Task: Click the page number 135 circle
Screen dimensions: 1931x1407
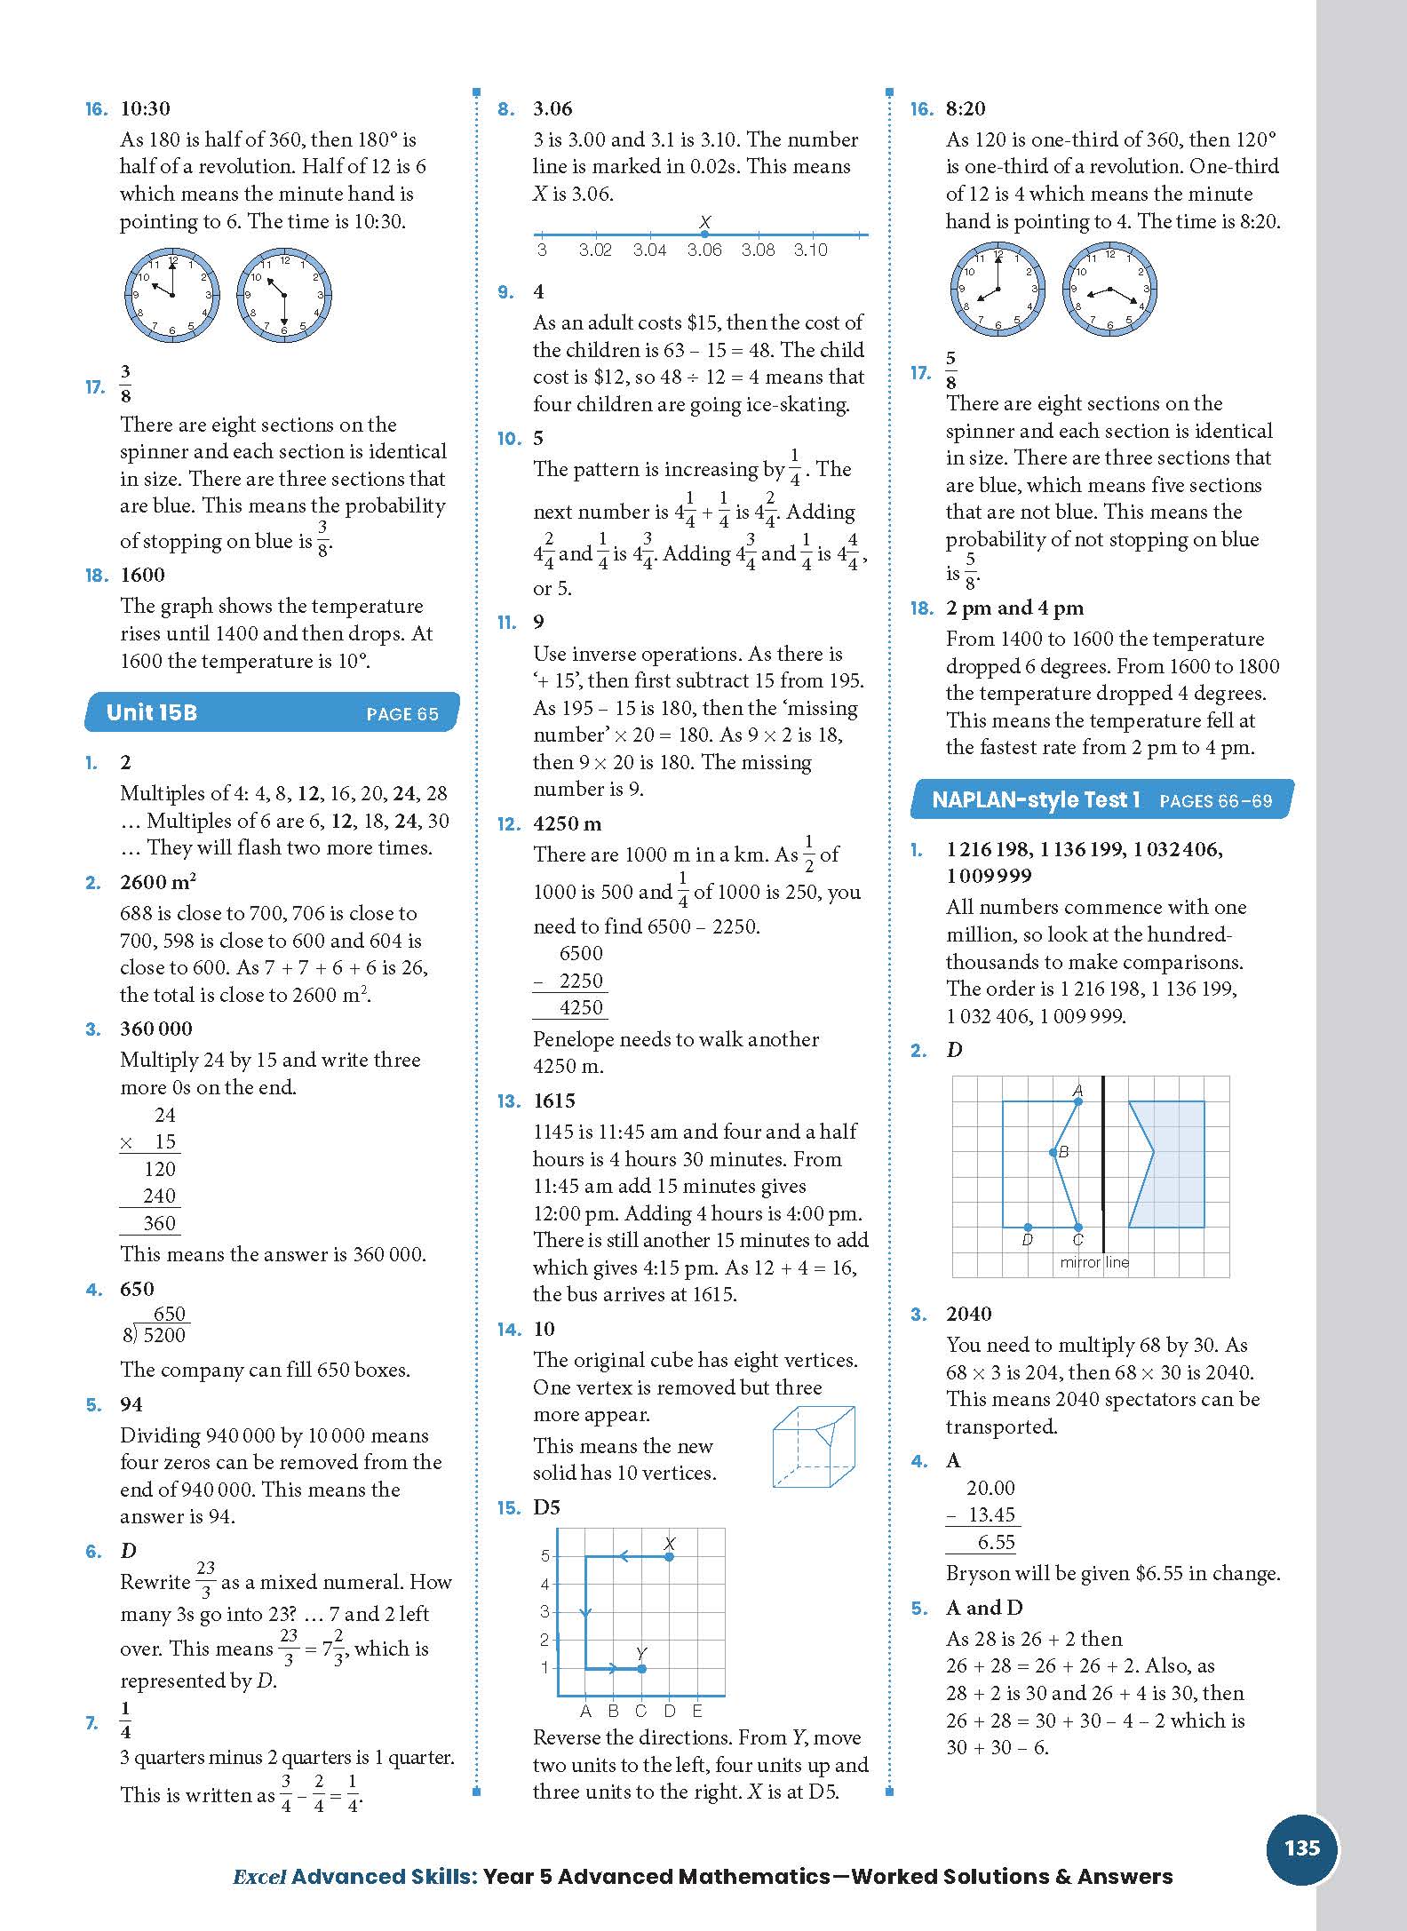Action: point(1301,1848)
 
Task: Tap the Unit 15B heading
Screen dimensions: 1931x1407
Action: point(151,712)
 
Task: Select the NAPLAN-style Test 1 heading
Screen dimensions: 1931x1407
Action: point(1036,799)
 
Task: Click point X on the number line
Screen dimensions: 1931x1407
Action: point(704,234)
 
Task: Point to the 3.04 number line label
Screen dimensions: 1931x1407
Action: point(649,250)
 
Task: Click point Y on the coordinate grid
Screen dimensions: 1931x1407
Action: point(641,1668)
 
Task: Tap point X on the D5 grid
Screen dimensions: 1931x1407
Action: point(670,1556)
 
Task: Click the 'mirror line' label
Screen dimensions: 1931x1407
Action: point(1093,1262)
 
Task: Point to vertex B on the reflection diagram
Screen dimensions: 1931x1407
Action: point(1053,1153)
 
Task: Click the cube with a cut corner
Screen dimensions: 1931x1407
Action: point(813,1446)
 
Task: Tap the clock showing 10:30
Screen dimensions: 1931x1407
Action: point(284,295)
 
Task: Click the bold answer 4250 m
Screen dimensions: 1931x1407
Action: point(568,823)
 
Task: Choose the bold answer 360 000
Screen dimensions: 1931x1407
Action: point(156,1029)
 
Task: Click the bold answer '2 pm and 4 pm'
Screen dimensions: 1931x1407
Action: point(1014,608)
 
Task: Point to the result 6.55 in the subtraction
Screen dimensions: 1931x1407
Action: point(996,1543)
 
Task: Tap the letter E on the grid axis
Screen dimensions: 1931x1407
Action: point(697,1710)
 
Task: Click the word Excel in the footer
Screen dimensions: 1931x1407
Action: point(258,1877)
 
